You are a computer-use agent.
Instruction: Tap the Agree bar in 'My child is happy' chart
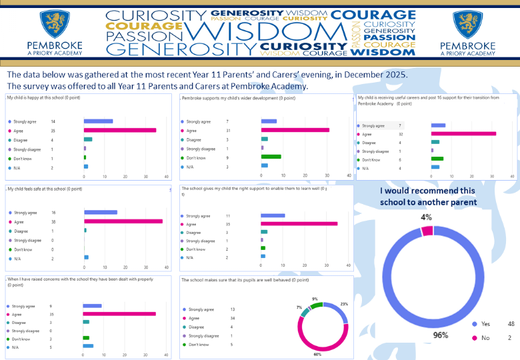(x=120, y=131)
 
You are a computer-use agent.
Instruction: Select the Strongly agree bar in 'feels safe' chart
(x=101, y=213)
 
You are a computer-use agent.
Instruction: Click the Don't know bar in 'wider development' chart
(x=271, y=157)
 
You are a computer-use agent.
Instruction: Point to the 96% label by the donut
(x=440, y=335)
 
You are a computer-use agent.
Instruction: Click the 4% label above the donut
(x=426, y=217)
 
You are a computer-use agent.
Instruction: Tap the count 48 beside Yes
(x=511, y=324)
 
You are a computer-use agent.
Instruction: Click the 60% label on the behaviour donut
(x=317, y=355)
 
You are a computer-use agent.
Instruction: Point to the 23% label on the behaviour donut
(x=343, y=304)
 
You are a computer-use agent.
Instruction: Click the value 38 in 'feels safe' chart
(x=54, y=221)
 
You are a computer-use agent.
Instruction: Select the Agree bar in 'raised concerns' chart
(x=119, y=314)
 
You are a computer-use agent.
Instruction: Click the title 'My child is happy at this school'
(x=44, y=98)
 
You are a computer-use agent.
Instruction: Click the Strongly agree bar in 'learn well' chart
(x=273, y=216)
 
